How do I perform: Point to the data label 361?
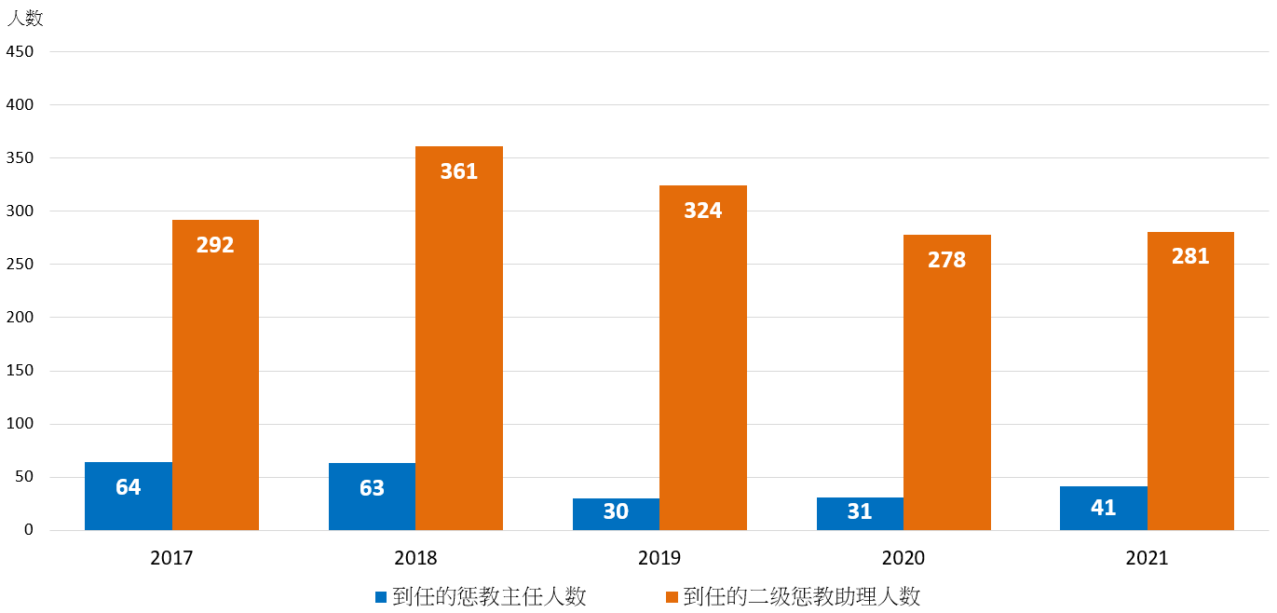[459, 171]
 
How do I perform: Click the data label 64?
[129, 487]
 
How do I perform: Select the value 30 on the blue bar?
[616, 511]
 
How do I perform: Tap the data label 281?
[1190, 256]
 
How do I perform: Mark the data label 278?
[947, 260]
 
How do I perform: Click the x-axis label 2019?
[659, 559]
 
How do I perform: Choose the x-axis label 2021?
[1147, 559]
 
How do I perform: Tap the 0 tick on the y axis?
[29, 530]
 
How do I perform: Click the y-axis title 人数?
[25, 19]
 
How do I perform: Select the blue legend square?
[380, 597]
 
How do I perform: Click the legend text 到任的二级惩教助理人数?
[802, 597]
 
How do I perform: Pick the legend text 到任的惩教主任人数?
[490, 597]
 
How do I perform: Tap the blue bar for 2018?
[372, 509]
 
